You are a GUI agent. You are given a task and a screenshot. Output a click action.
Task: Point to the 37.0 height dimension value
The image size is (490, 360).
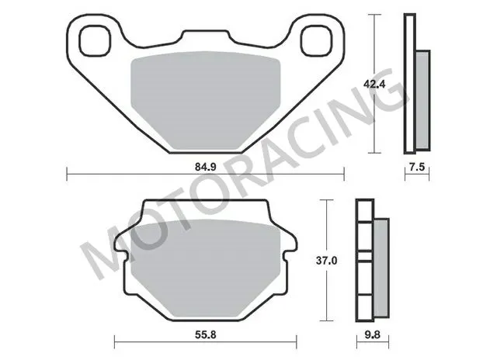point(328,261)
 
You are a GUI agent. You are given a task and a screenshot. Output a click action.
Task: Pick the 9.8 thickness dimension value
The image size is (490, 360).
point(374,337)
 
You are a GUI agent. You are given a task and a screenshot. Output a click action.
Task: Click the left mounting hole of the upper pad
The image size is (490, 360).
point(93,38)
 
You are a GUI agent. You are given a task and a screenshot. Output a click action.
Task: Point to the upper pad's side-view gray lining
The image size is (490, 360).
point(422,99)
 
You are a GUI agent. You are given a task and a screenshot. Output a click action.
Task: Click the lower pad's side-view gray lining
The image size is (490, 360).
point(381,264)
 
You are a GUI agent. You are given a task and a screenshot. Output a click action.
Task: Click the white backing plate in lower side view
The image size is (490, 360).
point(363,264)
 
